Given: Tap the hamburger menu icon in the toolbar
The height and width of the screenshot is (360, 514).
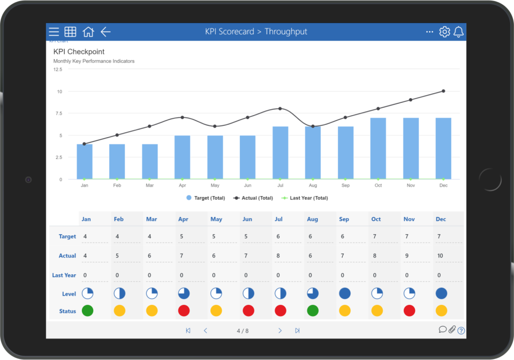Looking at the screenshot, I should click(x=54, y=32).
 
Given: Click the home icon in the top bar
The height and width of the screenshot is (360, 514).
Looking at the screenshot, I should click(x=88, y=32).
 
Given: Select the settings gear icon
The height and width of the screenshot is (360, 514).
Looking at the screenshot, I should click(x=444, y=32).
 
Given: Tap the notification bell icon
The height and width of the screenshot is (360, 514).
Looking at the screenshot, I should click(x=458, y=32).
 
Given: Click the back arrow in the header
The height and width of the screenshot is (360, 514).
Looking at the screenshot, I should click(x=105, y=32).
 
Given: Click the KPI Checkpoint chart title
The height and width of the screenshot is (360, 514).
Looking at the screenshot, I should click(x=79, y=52).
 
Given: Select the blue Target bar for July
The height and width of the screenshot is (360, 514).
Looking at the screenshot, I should click(x=280, y=153).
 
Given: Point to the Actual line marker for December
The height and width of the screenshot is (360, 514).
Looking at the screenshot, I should click(x=443, y=91).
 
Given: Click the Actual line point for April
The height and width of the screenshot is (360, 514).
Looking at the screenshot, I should click(x=182, y=117).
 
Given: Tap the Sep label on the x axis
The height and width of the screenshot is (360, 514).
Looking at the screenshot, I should click(x=345, y=185).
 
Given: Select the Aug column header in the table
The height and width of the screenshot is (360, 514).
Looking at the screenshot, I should click(x=312, y=219).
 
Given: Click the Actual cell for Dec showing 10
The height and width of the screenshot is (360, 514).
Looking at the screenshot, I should click(x=441, y=256).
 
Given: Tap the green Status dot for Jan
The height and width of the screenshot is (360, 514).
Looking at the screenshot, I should click(x=87, y=311).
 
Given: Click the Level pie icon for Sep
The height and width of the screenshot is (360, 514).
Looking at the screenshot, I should click(x=345, y=294).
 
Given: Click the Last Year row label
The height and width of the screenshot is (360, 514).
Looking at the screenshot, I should click(x=64, y=275).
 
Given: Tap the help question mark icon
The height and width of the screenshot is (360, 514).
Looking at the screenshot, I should click(x=461, y=331).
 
